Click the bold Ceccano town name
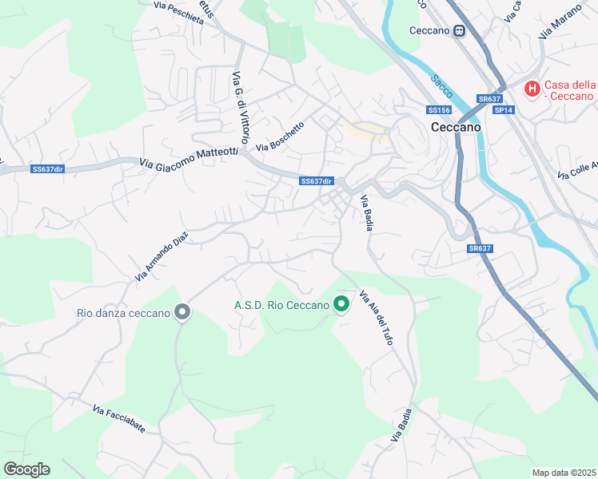[x=456, y=127]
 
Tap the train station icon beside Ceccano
[x=460, y=31]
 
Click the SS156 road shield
[x=439, y=109]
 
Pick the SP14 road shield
[x=503, y=110]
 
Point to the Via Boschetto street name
[x=281, y=137]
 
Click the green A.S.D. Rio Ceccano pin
[x=341, y=304]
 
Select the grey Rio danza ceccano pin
[x=182, y=312]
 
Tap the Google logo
[x=26, y=469]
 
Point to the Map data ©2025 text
[x=564, y=473]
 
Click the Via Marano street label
[x=557, y=23]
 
